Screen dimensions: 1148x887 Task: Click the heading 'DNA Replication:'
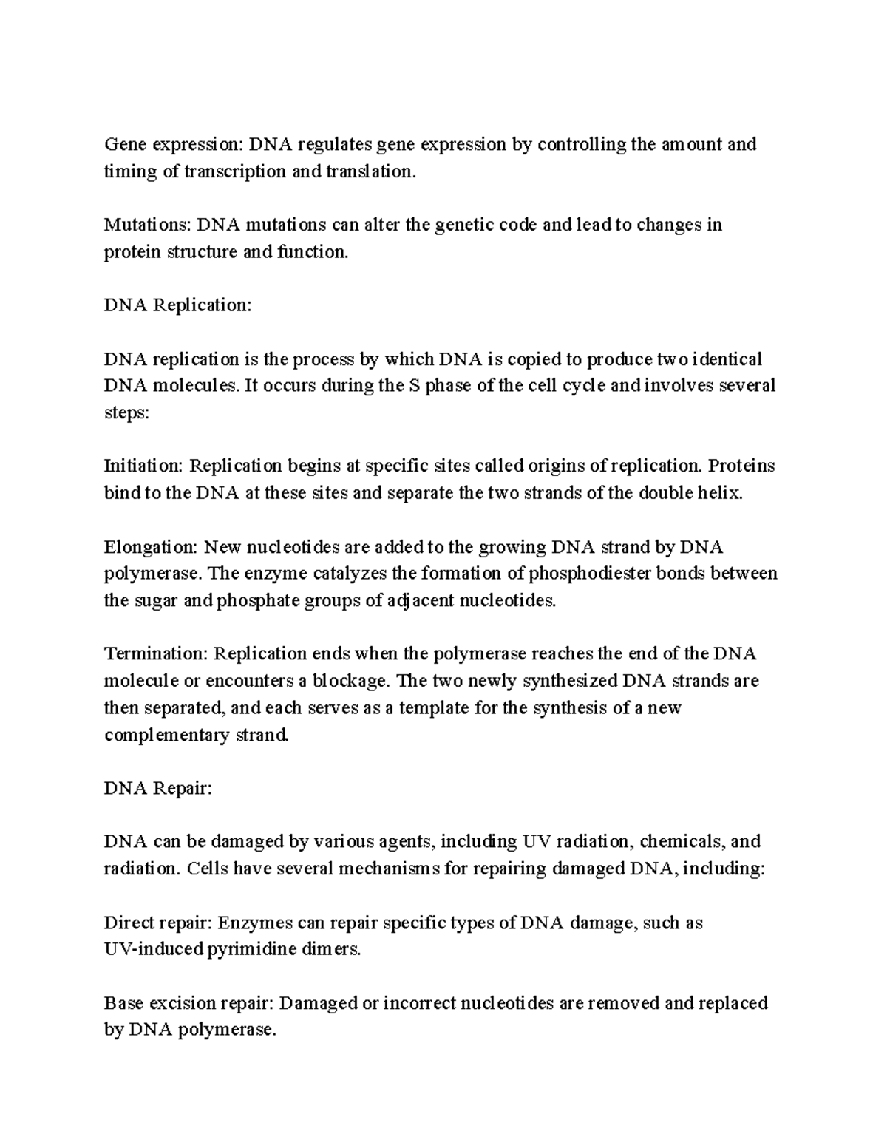pyautogui.click(x=177, y=305)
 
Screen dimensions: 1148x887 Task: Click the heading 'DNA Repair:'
pyautogui.click(x=157, y=789)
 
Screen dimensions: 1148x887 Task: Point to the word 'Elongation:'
pyautogui.click(x=150, y=548)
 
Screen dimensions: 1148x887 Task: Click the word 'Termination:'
pyautogui.click(x=155, y=654)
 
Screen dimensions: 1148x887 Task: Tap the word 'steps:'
pyautogui.click(x=126, y=413)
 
